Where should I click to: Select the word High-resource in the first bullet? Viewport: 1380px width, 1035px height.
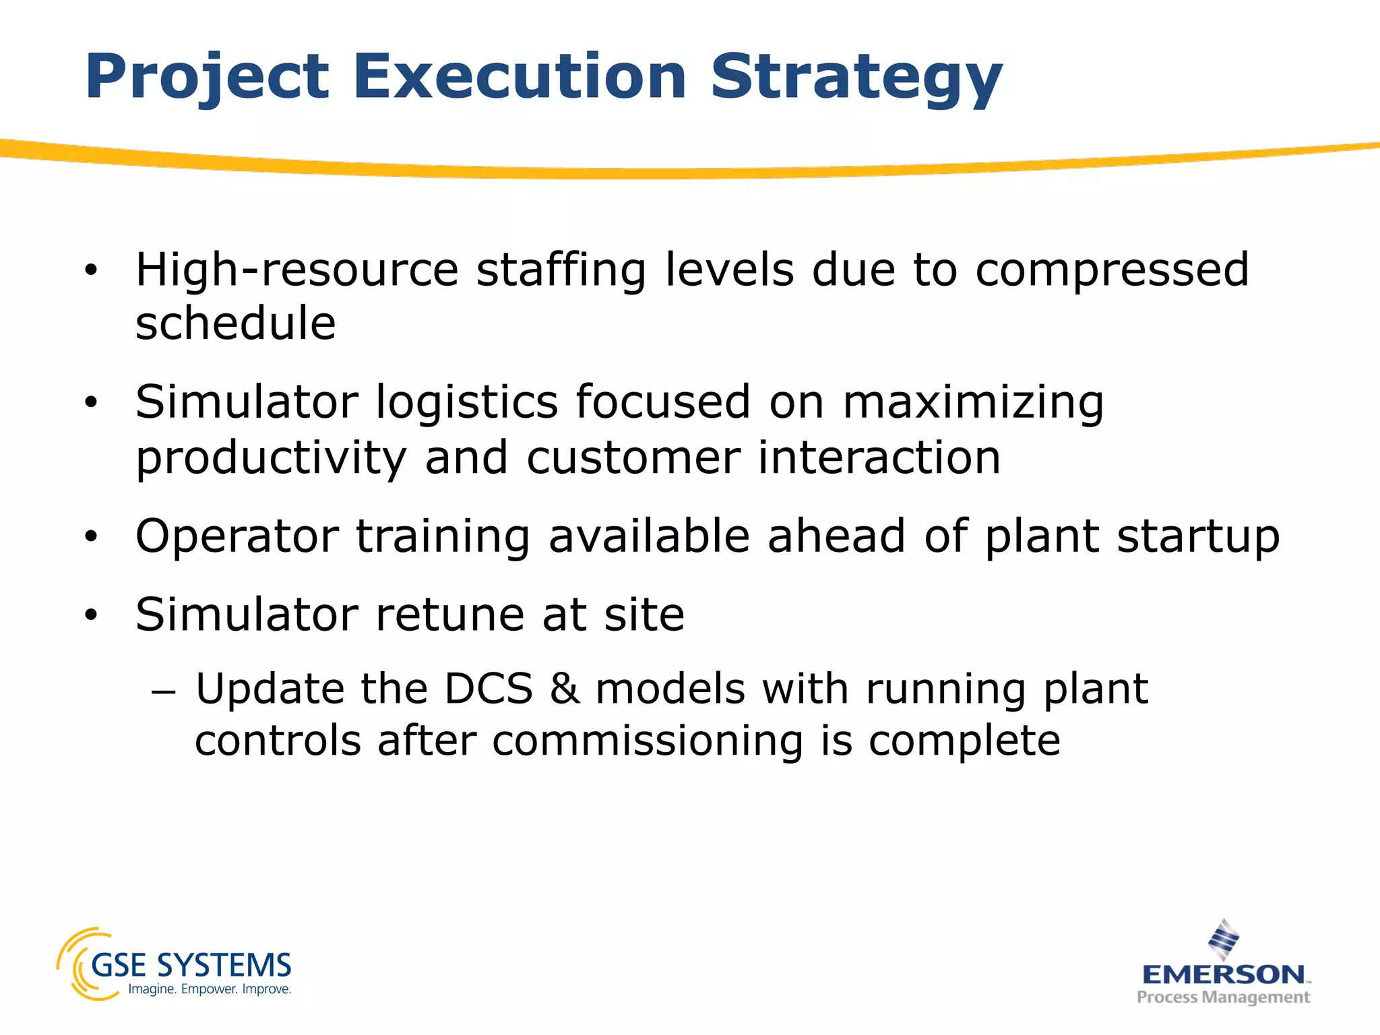(x=296, y=270)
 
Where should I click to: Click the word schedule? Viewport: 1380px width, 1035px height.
(x=235, y=323)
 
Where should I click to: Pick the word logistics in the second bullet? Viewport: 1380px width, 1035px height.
(x=466, y=402)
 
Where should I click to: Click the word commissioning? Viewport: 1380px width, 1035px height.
(x=648, y=742)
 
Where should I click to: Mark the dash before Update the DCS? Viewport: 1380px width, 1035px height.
(x=164, y=692)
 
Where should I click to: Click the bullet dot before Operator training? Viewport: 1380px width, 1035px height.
(x=92, y=538)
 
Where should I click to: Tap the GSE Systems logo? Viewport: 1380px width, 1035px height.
(x=175, y=965)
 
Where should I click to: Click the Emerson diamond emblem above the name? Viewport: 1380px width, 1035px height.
(x=1224, y=939)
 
